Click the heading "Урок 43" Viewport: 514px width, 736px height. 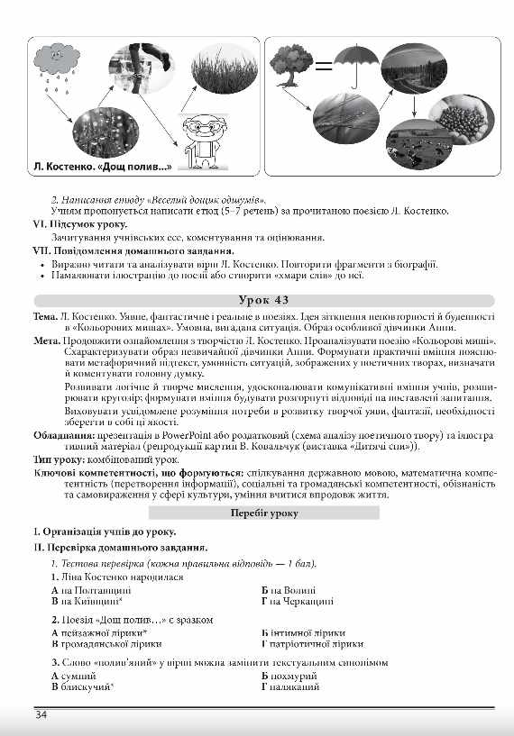[x=257, y=300]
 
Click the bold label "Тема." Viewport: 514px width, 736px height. [x=45, y=319]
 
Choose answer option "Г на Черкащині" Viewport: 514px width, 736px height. [x=294, y=600]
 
